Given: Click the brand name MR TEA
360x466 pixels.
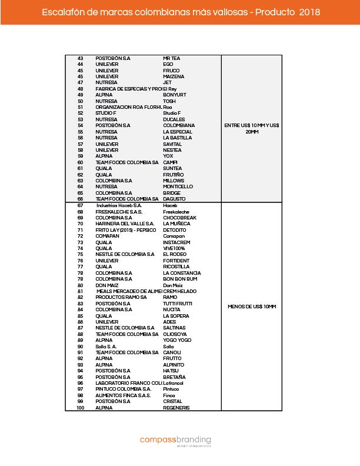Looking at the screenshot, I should [172, 58].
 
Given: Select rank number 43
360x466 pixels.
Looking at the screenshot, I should [80, 58].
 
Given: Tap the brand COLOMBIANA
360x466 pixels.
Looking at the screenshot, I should [179, 125].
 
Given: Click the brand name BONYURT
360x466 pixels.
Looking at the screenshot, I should [175, 95].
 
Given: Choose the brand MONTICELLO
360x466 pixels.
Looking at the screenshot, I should [178, 187].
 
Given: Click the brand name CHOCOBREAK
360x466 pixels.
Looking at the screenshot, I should [179, 217].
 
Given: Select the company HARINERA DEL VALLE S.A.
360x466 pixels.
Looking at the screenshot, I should [125, 224].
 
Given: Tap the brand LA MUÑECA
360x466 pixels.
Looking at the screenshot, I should [176, 224].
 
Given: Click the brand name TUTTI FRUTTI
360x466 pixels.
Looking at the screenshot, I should [178, 303].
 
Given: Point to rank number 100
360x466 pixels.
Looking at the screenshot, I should [80, 407].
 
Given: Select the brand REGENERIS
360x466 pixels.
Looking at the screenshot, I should [176, 407].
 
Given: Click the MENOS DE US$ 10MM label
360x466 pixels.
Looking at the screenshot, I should [251, 307].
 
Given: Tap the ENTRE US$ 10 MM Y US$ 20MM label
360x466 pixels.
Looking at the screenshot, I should [251, 128].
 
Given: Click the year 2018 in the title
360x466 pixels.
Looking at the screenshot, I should [309, 12].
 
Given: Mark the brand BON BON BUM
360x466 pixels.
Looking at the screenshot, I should [179, 279].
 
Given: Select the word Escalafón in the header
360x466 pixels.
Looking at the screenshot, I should [62, 12].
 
